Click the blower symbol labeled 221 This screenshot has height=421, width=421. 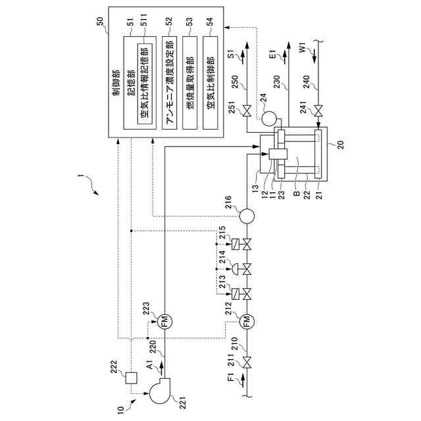point(160,390)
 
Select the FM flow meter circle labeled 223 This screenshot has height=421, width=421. point(164,322)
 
